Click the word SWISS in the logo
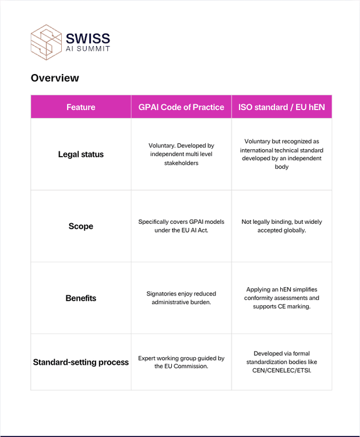[x=87, y=38]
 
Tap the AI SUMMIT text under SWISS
[x=87, y=49]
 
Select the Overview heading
[x=55, y=78]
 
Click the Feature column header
[x=81, y=107]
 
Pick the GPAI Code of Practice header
[x=181, y=107]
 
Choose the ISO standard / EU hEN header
[x=281, y=107]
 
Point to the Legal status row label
[x=81, y=154]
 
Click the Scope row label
[x=81, y=226]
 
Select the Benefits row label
[x=81, y=298]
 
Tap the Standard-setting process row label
[x=81, y=362]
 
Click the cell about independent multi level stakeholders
[x=181, y=154]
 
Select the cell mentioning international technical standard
[x=281, y=154]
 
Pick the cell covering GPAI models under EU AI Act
[x=181, y=226]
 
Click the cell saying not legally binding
[x=281, y=226]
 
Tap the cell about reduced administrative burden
[x=181, y=298]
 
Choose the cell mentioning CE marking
[x=281, y=298]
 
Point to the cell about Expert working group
[x=181, y=362]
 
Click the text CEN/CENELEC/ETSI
[x=281, y=370]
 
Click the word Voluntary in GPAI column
[x=163, y=145]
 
